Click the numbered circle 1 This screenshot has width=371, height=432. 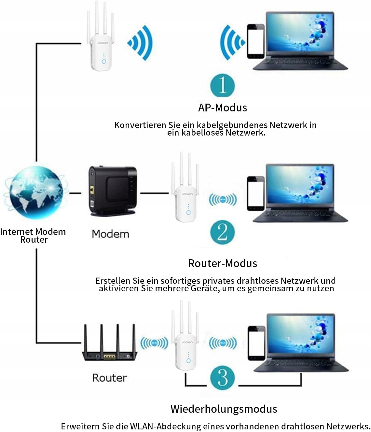click(x=223, y=85)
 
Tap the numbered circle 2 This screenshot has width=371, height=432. click(x=223, y=232)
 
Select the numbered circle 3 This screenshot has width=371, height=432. click(x=223, y=378)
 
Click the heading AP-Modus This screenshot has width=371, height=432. click(x=223, y=108)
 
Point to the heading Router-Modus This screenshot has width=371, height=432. click(x=223, y=263)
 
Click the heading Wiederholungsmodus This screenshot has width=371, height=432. click(x=224, y=409)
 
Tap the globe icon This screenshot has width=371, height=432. click(x=35, y=192)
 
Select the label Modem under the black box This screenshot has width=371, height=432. click(x=110, y=234)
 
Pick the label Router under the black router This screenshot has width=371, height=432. click(x=110, y=378)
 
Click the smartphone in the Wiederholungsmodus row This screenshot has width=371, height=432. click(x=256, y=343)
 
